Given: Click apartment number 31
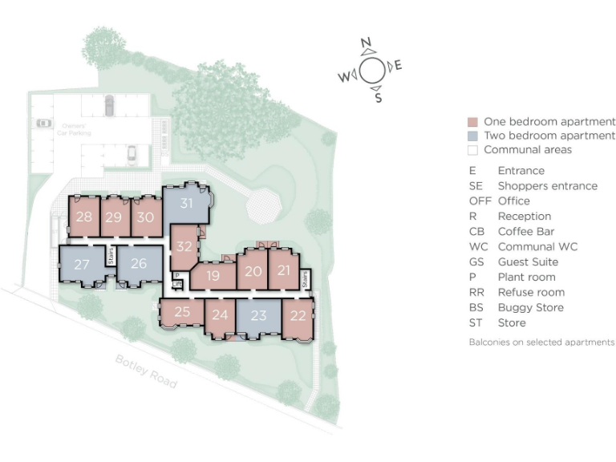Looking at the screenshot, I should coord(186,204).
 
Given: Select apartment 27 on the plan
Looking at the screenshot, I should coord(81,264).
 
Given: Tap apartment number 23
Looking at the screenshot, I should coord(257,316).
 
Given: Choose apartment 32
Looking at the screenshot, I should coord(184,247).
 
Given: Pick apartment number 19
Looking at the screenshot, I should coord(213,276).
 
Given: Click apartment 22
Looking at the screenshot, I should coord(298,316).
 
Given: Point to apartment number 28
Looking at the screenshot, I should coord(83,217).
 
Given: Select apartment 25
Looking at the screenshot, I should coord(182,311).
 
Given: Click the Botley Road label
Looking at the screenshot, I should coord(145,371).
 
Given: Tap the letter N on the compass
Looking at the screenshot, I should coord(366,43).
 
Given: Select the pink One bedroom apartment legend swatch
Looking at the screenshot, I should coord(472,122).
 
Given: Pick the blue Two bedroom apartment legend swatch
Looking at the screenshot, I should coord(472,136).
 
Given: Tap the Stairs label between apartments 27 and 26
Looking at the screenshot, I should coord(110,256).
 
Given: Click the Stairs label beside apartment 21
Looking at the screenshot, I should coord(306,278).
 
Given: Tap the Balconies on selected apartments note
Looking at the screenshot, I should coord(541,342).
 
